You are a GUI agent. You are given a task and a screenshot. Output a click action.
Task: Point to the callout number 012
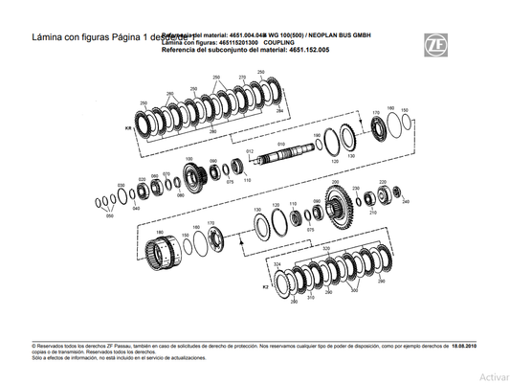(x=249, y=150)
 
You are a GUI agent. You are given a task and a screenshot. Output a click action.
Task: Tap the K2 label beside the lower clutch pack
(x=265, y=285)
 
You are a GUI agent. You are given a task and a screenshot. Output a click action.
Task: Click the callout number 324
(x=277, y=262)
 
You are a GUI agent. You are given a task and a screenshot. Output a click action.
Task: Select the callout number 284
(x=279, y=111)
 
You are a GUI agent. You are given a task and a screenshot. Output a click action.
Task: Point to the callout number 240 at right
(x=407, y=202)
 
